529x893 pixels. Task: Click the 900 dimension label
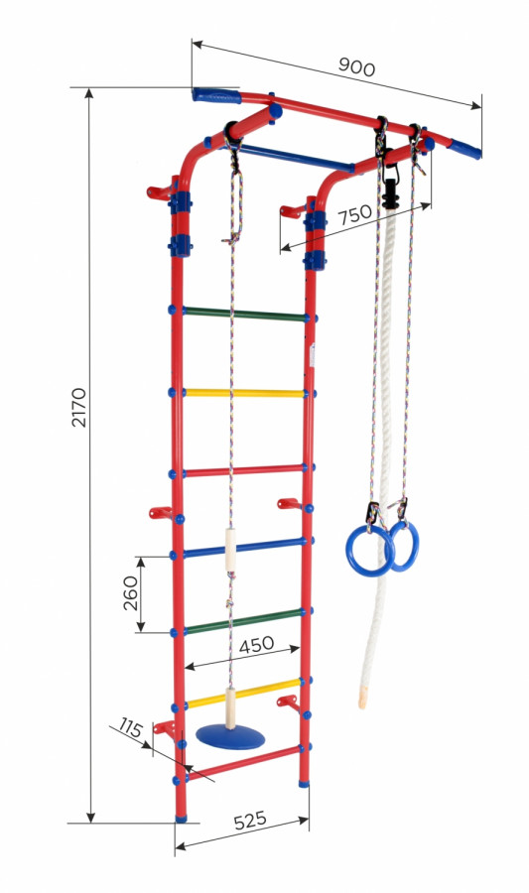pyautogui.click(x=357, y=67)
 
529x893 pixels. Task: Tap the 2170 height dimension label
pyautogui.click(x=79, y=407)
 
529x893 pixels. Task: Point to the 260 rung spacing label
pyautogui.click(x=131, y=593)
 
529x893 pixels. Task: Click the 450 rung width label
pyautogui.click(x=256, y=645)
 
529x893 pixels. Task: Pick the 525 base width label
pyautogui.click(x=250, y=821)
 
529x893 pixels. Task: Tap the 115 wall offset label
pyautogui.click(x=130, y=728)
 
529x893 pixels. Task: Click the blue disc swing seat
pyautogui.click(x=230, y=736)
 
